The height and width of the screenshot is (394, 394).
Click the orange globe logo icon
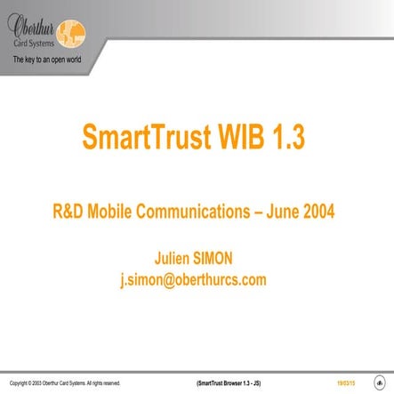[x=70, y=33]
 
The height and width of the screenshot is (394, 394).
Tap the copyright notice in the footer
[x=64, y=383]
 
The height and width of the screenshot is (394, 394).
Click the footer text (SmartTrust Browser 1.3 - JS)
[x=228, y=383]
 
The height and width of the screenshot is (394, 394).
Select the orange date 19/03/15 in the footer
[x=345, y=383]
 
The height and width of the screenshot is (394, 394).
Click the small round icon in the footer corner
[x=379, y=382]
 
